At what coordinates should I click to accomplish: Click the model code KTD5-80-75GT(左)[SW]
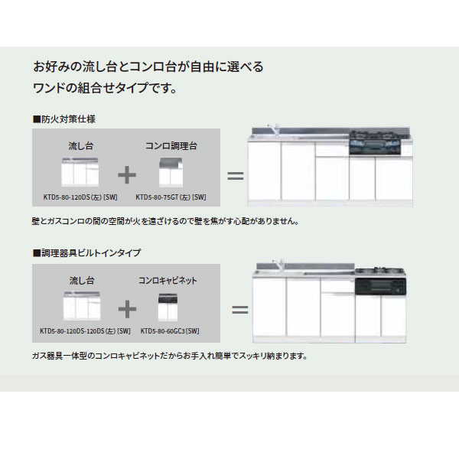pos(171,197)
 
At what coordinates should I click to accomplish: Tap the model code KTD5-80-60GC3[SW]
pos(170,331)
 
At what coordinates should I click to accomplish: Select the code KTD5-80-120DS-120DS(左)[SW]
pos(85,331)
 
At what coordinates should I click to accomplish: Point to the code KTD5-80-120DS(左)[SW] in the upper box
pos(80,197)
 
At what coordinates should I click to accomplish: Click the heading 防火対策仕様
pos(64,119)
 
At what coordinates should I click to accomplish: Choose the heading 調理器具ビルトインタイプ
pos(87,252)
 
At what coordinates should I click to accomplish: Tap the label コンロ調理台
pos(171,146)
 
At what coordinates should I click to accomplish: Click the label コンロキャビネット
pos(168,281)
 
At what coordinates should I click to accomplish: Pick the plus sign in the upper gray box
pos(127,174)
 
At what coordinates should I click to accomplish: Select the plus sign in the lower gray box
pos(127,309)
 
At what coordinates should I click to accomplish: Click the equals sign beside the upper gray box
pos(236,176)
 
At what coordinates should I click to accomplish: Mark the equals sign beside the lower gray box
pos(240,310)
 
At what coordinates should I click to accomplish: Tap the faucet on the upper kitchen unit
pos(274,130)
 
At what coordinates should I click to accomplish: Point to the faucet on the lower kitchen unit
pos(278,265)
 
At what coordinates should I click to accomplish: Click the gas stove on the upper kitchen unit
pos(376,142)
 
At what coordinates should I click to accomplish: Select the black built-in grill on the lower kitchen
pos(380,286)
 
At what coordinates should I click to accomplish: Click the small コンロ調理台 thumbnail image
pos(171,172)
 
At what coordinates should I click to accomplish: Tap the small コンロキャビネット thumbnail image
pos(168,308)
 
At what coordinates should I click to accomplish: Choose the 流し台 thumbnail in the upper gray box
pos(80,172)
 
